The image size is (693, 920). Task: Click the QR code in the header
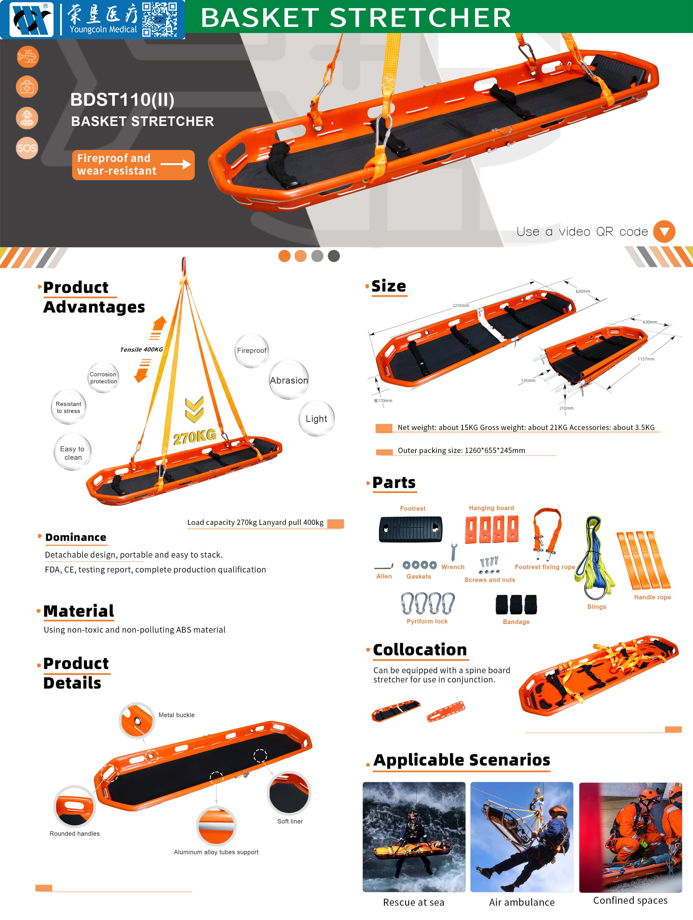point(160,20)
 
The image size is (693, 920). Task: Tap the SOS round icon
point(27,148)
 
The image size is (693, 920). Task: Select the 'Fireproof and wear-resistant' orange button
point(133,165)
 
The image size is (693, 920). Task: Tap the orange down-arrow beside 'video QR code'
point(664,231)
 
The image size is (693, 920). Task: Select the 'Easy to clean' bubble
point(72,452)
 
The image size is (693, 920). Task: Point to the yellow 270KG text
point(195,436)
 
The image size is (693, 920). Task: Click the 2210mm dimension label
point(461,306)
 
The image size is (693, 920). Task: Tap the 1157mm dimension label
point(646,359)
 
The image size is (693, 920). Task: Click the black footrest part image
point(410,529)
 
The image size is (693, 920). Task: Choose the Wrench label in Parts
point(453,567)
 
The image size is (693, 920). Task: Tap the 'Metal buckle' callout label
point(177,715)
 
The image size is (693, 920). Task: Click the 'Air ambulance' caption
point(522,902)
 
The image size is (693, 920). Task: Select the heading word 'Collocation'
point(420,650)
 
